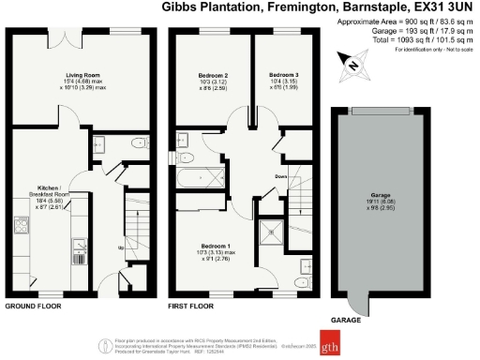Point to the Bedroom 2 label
pos(214,74)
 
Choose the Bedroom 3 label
pos(283,74)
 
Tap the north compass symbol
pos(351,65)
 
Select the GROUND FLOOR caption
pos(35,307)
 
